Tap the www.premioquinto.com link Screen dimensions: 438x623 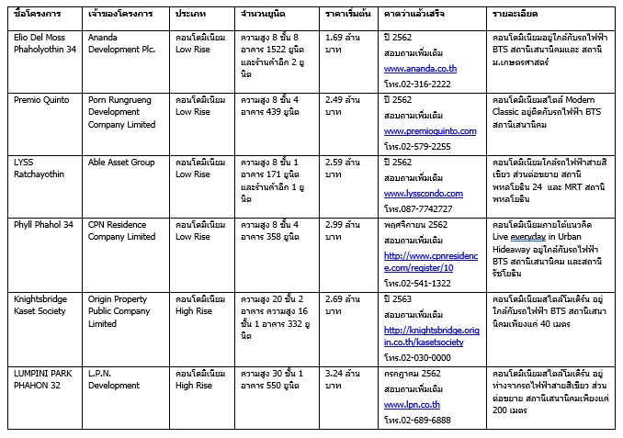430,131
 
